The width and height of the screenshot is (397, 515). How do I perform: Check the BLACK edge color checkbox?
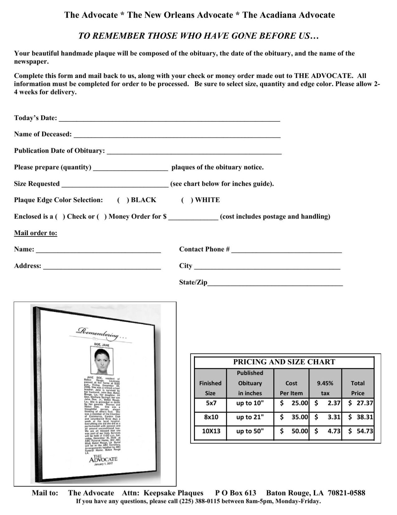point(123,200)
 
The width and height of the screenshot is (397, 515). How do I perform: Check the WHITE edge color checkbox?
point(187,200)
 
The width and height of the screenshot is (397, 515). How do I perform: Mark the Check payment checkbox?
point(60,217)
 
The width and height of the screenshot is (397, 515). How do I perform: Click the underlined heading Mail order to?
point(35,233)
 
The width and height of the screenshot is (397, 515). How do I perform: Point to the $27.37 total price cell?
point(358,403)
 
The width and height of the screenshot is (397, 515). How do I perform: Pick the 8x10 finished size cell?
point(211,417)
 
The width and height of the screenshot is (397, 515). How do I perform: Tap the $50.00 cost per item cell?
point(292,431)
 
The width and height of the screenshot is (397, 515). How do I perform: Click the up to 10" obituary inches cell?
point(250,403)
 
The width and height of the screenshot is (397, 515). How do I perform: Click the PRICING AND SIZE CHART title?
point(284,362)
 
